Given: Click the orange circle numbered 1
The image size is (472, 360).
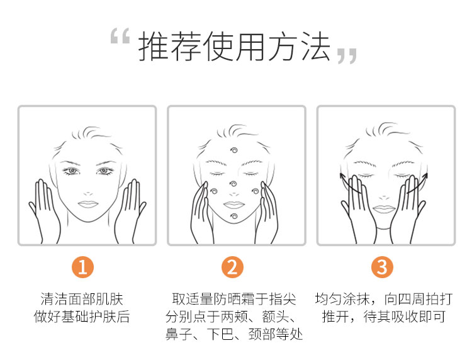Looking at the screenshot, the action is click(82, 267).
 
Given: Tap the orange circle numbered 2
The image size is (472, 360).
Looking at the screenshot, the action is click(232, 267).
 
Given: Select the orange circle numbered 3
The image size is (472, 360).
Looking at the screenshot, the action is click(382, 267).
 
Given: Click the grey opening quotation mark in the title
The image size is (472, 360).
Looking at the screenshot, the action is click(120, 36).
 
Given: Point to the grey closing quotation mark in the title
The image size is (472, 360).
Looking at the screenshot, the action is click(347, 56).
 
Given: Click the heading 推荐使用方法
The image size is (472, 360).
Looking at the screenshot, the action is click(234, 47).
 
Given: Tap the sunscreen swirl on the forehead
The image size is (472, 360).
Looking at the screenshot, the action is click(233, 150).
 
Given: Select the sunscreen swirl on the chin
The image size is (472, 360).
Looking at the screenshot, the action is click(234, 216).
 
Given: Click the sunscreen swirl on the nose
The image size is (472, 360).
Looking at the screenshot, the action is click(233, 183).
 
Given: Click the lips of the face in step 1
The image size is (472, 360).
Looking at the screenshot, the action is click(88, 204).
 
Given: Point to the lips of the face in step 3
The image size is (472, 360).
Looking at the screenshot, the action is click(384, 209).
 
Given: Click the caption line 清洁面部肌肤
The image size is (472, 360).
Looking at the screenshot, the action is click(82, 299).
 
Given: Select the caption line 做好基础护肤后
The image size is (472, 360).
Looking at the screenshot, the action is click(82, 317).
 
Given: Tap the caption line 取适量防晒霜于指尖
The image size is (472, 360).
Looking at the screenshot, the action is click(234, 299).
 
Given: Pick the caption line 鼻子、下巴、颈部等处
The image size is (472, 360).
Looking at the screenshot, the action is click(234, 334).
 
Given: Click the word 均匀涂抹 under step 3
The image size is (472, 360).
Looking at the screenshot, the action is click(342, 299).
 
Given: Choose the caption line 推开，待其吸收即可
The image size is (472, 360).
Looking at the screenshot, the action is click(384, 317).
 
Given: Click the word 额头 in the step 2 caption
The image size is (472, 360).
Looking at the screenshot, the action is click(276, 317).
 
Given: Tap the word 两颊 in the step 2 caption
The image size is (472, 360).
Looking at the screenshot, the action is click(234, 317).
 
